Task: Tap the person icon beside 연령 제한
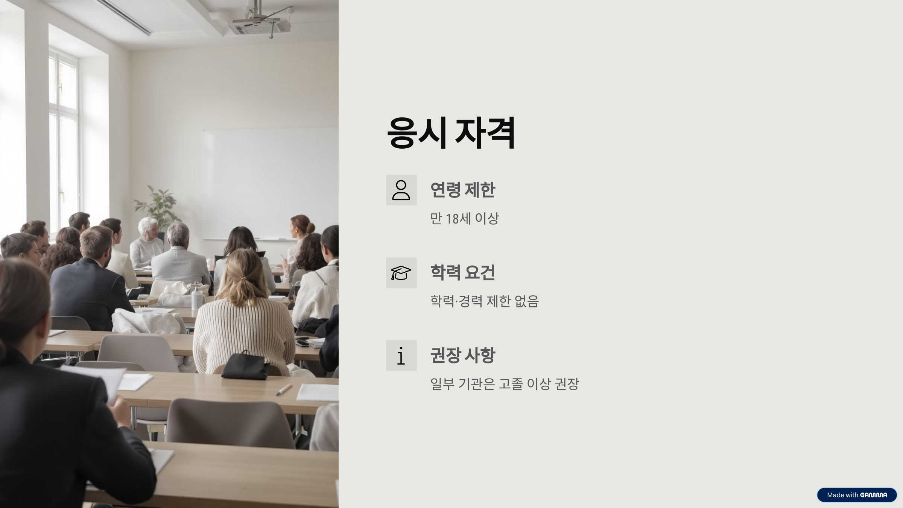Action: click(401, 190)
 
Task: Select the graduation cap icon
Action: click(401, 273)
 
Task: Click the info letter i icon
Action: click(401, 356)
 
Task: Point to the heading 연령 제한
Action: click(462, 190)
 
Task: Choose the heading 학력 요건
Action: click(462, 272)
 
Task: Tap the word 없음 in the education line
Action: click(527, 301)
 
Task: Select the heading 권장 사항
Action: click(462, 355)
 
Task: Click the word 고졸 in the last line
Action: click(511, 384)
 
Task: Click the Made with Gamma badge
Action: click(857, 495)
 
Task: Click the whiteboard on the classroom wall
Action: click(269, 181)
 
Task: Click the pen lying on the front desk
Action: click(284, 389)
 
